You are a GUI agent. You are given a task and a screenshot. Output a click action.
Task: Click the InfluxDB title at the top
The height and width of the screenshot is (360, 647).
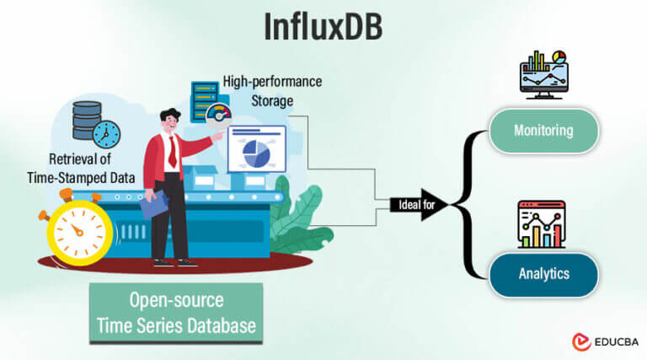323,27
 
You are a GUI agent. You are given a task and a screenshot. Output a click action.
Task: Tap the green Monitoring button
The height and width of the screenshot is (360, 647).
543,131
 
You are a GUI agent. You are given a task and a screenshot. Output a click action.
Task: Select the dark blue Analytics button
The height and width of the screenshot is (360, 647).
543,274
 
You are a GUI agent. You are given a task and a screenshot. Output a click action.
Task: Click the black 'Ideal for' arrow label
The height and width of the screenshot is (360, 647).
415,203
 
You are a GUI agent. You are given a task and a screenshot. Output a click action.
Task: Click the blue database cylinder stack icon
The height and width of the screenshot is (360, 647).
87,121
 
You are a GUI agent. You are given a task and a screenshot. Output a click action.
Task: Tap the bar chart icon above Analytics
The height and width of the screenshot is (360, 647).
542,224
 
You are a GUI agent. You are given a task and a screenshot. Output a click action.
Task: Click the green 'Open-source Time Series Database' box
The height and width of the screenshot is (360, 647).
176,313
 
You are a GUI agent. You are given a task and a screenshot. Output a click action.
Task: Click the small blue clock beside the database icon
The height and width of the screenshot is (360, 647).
107,133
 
